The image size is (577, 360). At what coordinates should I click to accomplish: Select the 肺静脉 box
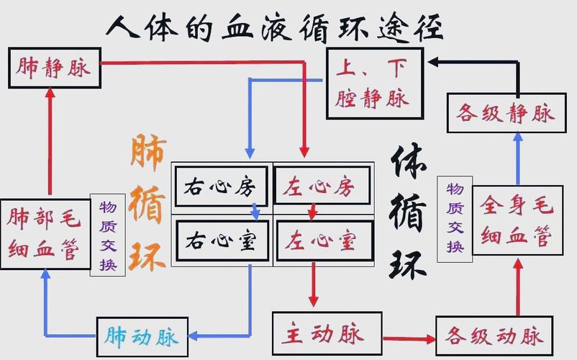(x=53, y=68)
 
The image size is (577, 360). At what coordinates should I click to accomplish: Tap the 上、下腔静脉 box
(x=375, y=84)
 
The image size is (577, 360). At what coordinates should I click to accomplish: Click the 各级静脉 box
(x=501, y=113)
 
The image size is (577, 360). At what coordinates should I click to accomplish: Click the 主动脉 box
(x=327, y=333)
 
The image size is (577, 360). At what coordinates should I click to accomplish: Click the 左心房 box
(x=323, y=186)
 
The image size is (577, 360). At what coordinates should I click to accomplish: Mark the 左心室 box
(x=323, y=240)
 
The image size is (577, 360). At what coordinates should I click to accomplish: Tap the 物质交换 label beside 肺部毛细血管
(x=102, y=235)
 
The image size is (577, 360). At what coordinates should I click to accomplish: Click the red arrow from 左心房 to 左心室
(x=312, y=212)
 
